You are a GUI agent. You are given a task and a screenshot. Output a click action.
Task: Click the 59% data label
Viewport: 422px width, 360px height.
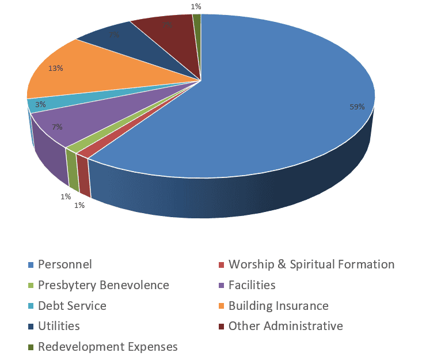pos(357,107)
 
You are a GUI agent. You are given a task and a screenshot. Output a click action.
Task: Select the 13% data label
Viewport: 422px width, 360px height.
pos(56,69)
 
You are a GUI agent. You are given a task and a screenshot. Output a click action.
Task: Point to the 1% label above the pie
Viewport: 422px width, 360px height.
pos(196,6)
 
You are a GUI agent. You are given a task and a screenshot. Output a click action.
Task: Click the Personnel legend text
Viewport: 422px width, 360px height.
pos(65,265)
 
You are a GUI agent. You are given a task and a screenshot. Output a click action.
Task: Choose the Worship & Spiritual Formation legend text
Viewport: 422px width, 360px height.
pos(311,265)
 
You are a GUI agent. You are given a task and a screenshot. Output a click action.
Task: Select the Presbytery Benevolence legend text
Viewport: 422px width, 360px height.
pos(104,285)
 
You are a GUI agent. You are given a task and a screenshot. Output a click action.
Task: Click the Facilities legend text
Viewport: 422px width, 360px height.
pos(252,285)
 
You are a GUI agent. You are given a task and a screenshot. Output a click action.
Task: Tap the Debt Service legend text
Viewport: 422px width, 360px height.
pos(72,306)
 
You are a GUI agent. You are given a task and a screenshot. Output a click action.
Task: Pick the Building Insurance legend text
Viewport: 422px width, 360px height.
pos(279,306)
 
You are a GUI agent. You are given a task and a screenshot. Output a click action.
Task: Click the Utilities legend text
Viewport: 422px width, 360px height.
pos(59,326)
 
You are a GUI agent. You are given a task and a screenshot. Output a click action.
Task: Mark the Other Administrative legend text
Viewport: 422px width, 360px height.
pos(286,326)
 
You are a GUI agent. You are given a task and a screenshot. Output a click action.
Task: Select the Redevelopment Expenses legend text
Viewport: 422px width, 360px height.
pos(108,347)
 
